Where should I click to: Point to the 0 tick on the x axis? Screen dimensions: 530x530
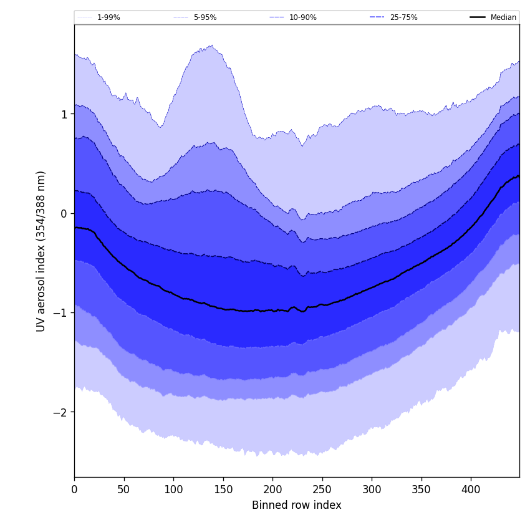pos(74,489)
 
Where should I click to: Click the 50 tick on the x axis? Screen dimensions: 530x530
pos(124,489)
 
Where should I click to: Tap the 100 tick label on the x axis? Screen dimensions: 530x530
pos(173,489)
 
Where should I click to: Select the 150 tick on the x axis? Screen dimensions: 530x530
pos(223,489)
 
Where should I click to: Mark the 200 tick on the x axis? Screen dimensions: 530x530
pos(272,489)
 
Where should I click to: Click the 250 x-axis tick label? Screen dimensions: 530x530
pos(322,489)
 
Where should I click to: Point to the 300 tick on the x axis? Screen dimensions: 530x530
pos(372,489)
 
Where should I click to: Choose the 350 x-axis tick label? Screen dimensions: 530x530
pos(422,489)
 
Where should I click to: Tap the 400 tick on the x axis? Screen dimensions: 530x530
pos(471,489)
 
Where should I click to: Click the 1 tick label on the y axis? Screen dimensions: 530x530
pos(64,114)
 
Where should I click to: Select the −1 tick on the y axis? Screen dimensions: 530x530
pos(61,313)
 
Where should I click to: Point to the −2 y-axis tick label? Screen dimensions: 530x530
pos(61,412)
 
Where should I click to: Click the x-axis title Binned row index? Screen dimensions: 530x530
pos(297,505)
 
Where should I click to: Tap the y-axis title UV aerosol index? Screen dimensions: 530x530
pos(41,251)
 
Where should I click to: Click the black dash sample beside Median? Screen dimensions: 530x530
pos(478,17)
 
